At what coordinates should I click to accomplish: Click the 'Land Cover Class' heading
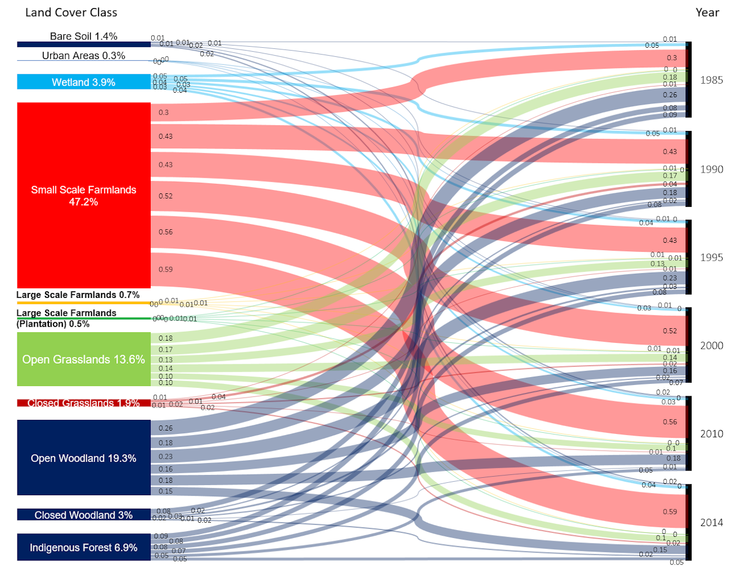pos(71,12)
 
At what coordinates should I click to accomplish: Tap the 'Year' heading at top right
pos(707,12)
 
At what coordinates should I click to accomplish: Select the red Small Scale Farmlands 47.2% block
pos(84,195)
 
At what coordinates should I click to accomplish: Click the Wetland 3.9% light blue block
pos(84,82)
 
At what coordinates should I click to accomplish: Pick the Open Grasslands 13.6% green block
pos(84,359)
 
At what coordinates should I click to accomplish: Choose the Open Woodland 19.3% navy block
pos(84,458)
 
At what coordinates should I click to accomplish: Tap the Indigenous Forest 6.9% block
pos(84,547)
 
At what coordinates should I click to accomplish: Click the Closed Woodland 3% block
pos(84,515)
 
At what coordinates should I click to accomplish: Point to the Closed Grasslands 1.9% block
pos(84,403)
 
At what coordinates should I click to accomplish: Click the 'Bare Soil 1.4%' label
pos(84,37)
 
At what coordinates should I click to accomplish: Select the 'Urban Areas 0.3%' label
pos(84,56)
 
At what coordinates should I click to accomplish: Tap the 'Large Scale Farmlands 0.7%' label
pos(78,295)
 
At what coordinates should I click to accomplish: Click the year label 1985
pos(711,80)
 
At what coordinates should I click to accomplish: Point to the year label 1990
pos(711,169)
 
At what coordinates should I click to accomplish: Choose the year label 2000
pos(711,346)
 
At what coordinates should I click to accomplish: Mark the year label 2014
pos(711,523)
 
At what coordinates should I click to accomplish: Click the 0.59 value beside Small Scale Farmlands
pos(166,269)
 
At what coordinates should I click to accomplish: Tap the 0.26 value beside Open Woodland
pos(166,428)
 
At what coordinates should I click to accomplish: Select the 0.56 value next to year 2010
pos(670,422)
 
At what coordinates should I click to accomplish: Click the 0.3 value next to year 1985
pos(672,58)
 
